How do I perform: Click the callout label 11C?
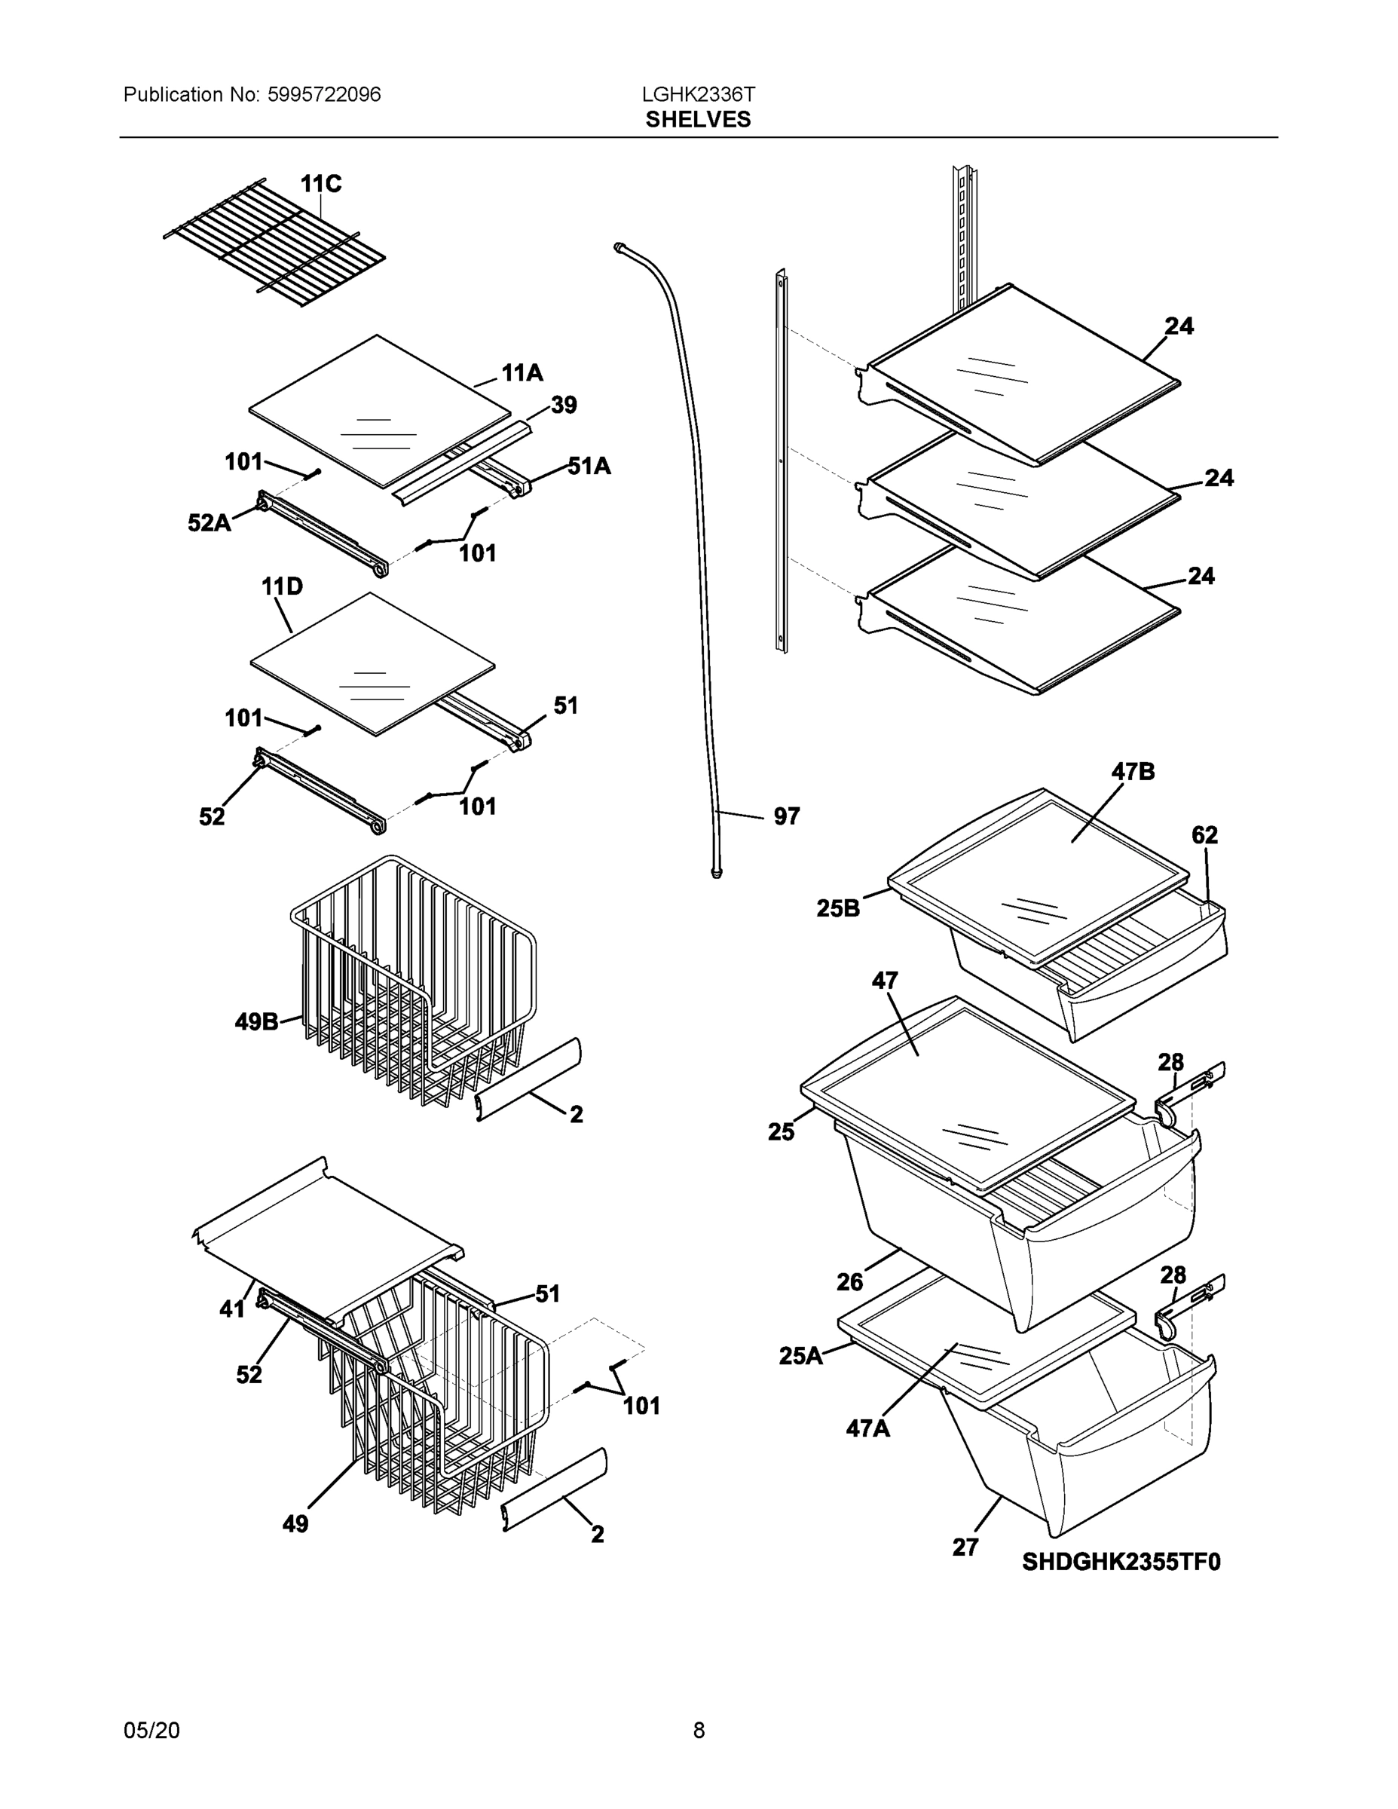coord(320,184)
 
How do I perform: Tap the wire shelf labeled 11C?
coord(274,242)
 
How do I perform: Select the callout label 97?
coord(786,817)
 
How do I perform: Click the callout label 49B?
coord(256,1022)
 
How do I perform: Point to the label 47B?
coord(1132,772)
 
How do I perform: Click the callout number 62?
coord(1204,836)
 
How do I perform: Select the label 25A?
coord(800,1356)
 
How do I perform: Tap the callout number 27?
coord(965,1547)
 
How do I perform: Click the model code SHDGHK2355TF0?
coord(1121,1563)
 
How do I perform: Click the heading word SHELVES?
coord(698,120)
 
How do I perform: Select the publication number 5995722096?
coord(324,94)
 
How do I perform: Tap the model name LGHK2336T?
coord(698,94)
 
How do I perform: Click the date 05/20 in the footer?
coord(151,1730)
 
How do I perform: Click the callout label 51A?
coord(589,467)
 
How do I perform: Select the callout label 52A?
coord(209,524)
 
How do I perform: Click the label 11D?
coord(282,587)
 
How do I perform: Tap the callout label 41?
coord(232,1309)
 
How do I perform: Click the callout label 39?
coord(563,406)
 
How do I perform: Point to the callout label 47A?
coord(867,1428)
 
